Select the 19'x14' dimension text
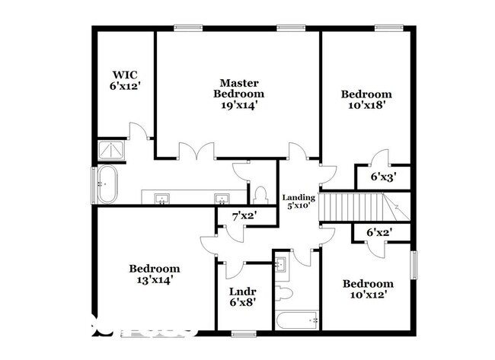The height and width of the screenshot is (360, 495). point(239,106)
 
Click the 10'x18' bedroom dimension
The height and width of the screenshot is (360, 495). point(366,106)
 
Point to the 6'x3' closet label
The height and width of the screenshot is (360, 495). point(382,177)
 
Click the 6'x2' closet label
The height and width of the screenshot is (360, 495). point(378,233)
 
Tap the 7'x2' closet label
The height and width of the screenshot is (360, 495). point(244,217)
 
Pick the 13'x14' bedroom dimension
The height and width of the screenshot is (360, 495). point(154,280)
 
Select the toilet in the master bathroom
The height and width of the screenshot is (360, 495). point(260,193)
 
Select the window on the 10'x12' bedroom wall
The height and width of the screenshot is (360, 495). point(415,266)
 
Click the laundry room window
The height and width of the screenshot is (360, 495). point(242,333)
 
